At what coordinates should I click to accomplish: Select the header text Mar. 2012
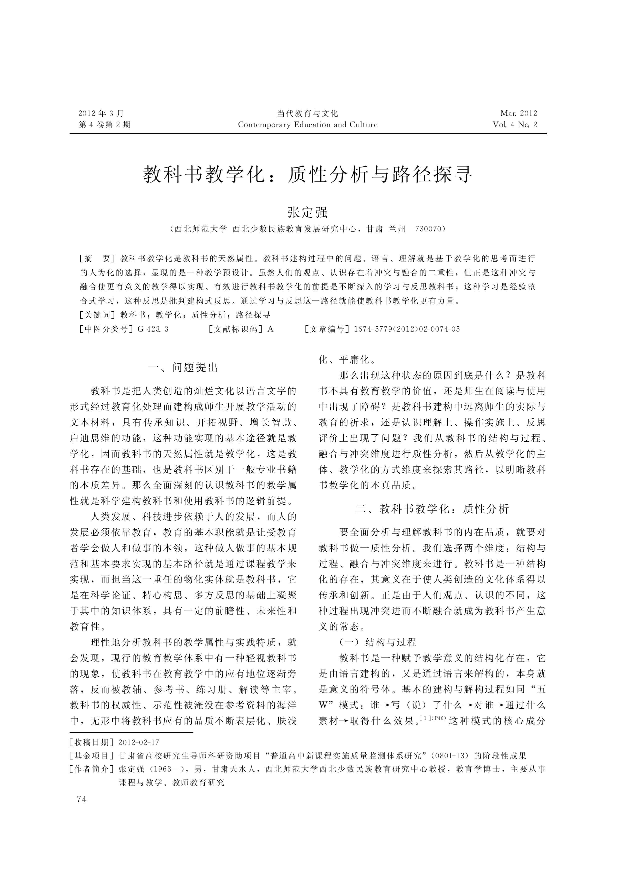click(x=518, y=113)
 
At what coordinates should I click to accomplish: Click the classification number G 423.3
click(x=153, y=329)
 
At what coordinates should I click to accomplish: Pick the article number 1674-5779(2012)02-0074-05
click(x=407, y=329)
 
